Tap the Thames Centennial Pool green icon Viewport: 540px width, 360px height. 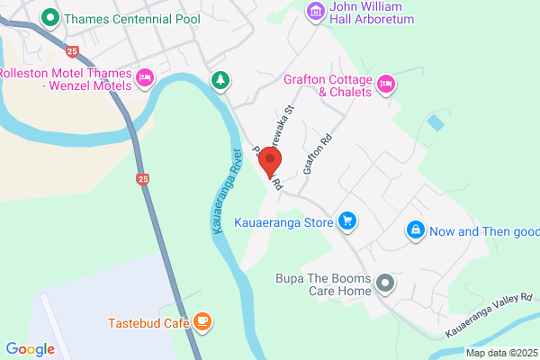pos(52,16)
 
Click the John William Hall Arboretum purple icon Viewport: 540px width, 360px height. pos(315,10)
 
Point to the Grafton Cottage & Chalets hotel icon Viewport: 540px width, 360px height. pos(385,84)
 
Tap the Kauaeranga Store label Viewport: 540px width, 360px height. pos(283,221)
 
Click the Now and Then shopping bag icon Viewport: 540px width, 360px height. pos(415,230)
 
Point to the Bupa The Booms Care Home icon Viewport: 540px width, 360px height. pos(385,284)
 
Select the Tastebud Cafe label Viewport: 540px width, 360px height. pos(147,322)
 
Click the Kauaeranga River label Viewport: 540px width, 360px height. pos(226,191)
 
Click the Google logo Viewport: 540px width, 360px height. pos(30,348)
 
